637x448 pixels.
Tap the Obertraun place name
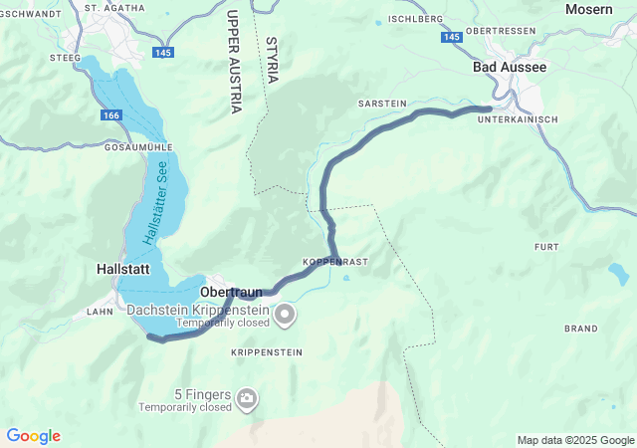click(231, 292)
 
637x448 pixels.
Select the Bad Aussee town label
click(509, 67)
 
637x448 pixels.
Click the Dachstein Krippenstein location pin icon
click(286, 316)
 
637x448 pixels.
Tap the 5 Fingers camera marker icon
click(246, 400)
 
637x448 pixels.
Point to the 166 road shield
click(111, 116)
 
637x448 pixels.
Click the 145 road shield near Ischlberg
click(453, 36)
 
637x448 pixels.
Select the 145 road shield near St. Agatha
click(161, 51)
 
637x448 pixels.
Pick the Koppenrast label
click(335, 262)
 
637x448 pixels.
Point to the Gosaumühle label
click(137, 146)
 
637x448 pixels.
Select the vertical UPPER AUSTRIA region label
click(234, 62)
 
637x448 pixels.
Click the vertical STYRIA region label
click(272, 60)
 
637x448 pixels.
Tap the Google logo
click(33, 436)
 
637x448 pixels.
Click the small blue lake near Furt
click(618, 272)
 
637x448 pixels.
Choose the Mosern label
click(588, 9)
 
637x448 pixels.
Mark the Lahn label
click(100, 312)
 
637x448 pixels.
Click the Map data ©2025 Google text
click(574, 440)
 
